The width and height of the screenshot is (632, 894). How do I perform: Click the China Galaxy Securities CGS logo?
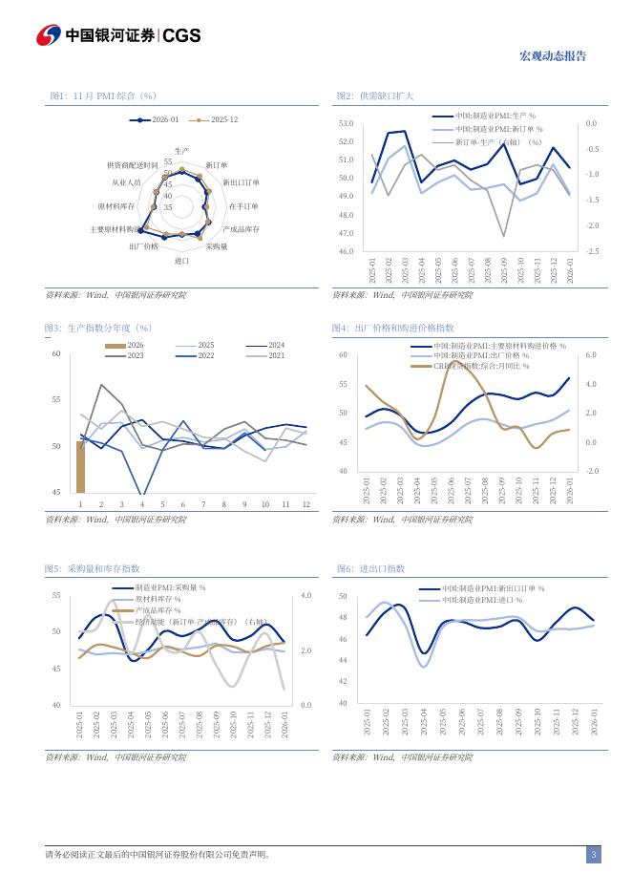point(118,35)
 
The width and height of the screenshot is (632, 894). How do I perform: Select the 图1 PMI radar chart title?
point(103,96)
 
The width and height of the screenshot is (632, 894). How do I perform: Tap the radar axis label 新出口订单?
point(241,181)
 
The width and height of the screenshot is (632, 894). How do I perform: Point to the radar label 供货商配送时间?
point(133,165)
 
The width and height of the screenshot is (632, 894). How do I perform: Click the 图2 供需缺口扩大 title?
point(375,96)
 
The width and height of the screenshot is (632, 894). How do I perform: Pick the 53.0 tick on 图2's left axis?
point(346,124)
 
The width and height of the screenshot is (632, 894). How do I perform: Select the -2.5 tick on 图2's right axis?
point(592,251)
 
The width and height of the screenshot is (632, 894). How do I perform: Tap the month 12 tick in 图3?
point(305,503)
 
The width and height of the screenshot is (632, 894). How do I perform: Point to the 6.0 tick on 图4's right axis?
point(591,354)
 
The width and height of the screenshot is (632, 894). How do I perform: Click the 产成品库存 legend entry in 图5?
point(158,609)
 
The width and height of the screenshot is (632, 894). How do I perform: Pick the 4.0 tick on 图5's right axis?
point(305,595)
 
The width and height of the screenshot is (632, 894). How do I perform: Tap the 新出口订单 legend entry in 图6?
point(493,589)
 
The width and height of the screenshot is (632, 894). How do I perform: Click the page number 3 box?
point(593,855)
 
